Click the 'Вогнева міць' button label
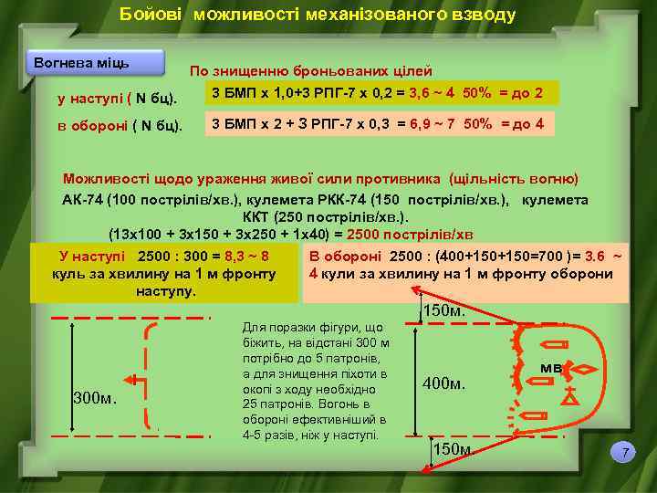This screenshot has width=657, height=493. point(81,63)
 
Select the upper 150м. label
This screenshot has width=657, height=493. point(444,311)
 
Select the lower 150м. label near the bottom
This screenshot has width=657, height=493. point(454,449)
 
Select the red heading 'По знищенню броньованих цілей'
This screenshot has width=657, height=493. point(310,71)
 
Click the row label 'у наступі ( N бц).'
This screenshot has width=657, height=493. point(117,97)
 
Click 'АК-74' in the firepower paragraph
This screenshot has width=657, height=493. point(82,199)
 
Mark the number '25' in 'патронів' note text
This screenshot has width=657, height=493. point(251,404)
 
